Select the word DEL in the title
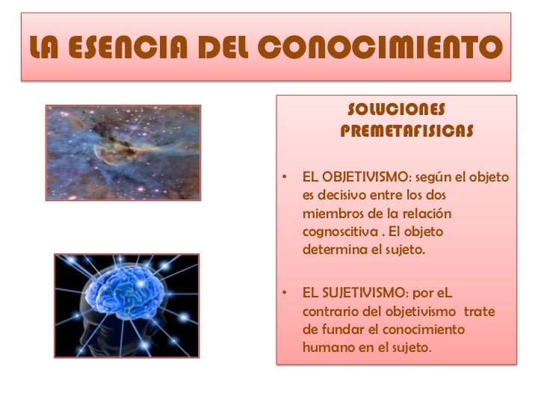(223, 50)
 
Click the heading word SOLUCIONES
(397, 111)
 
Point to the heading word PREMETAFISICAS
(406, 132)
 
